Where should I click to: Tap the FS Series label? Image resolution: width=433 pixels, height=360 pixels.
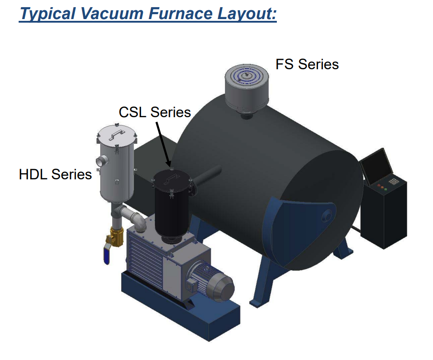click(x=307, y=64)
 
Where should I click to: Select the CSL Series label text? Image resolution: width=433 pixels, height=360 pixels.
click(x=155, y=112)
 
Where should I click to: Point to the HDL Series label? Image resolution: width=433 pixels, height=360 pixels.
click(x=55, y=174)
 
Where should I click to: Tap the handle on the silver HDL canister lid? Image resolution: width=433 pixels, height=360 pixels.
click(x=117, y=134)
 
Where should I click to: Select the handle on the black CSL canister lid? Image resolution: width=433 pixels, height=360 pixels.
click(x=170, y=178)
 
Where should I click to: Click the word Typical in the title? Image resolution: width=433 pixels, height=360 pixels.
click(x=47, y=13)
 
